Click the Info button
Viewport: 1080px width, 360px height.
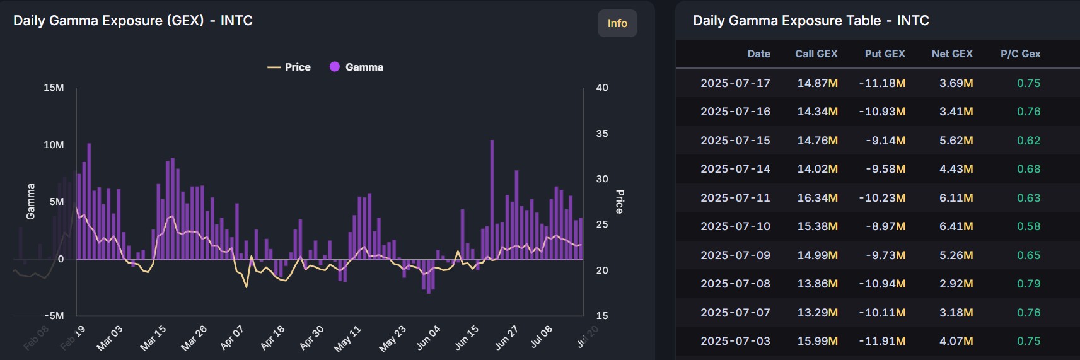pyautogui.click(x=617, y=23)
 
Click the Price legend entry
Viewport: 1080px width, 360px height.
pyautogui.click(x=289, y=67)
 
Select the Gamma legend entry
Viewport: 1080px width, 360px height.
pyautogui.click(x=357, y=67)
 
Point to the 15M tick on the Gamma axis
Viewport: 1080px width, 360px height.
pyautogui.click(x=54, y=88)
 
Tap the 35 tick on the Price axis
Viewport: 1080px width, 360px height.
pyautogui.click(x=602, y=134)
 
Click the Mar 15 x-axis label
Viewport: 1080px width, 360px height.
pyautogui.click(x=153, y=338)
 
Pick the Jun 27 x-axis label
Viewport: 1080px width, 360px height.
pyautogui.click(x=506, y=338)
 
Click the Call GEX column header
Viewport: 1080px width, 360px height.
pyautogui.click(x=816, y=54)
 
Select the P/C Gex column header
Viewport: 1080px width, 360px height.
pyautogui.click(x=1020, y=54)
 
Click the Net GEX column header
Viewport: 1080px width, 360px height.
pyautogui.click(x=952, y=54)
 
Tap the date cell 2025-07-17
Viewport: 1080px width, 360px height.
pyautogui.click(x=735, y=83)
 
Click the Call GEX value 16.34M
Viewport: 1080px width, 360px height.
pyautogui.click(x=817, y=198)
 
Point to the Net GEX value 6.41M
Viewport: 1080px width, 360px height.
pyautogui.click(x=956, y=226)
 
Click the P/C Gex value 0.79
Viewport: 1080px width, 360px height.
pyautogui.click(x=1028, y=284)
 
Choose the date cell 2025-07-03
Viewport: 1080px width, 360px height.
pyautogui.click(x=735, y=341)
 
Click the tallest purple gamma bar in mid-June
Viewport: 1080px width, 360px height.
pyautogui.click(x=492, y=199)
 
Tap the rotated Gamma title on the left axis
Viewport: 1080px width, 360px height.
pyautogui.click(x=30, y=202)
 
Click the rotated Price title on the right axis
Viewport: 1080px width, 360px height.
pyautogui.click(x=620, y=202)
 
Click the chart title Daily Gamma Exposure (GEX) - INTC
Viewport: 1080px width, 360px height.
pyautogui.click(x=133, y=21)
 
